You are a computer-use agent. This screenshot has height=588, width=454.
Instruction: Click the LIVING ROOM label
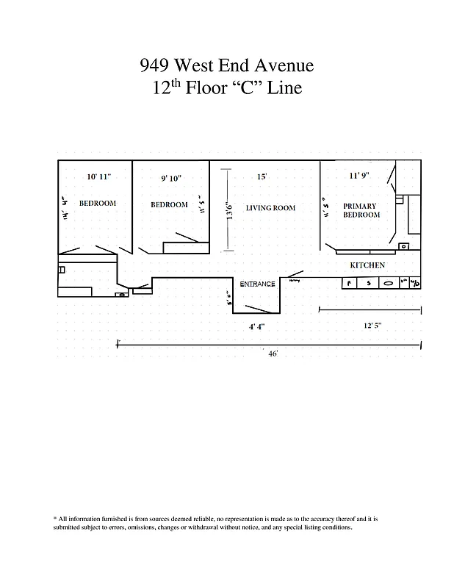click(x=270, y=208)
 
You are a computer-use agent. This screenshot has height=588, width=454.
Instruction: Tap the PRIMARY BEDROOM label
click(x=361, y=210)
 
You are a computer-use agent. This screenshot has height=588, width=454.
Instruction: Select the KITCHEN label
click(x=367, y=265)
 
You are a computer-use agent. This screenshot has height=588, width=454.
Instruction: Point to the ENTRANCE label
click(x=257, y=284)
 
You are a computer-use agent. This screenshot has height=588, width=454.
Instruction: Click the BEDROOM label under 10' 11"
click(x=98, y=204)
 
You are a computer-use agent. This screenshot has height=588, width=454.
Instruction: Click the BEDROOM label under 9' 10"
click(x=169, y=204)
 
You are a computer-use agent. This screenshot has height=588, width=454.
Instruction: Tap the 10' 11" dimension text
click(x=99, y=177)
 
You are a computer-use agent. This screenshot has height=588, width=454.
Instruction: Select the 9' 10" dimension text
click(x=170, y=178)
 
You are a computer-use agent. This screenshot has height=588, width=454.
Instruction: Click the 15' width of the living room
click(x=262, y=177)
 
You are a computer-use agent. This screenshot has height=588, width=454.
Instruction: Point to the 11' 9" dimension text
click(x=359, y=176)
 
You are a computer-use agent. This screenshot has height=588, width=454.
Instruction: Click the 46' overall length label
click(x=273, y=354)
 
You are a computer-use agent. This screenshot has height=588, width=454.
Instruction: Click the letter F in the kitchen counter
click(x=350, y=283)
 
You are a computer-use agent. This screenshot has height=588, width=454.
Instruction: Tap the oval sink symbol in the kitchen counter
click(x=386, y=283)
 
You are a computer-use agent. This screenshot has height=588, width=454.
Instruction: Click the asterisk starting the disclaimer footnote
click(x=55, y=519)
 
